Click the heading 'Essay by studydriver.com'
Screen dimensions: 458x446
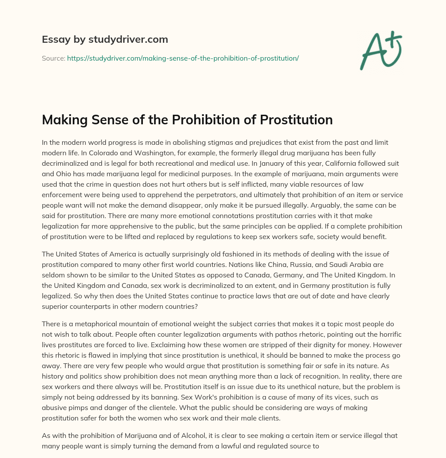(105, 39)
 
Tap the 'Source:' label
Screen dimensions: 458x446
(54, 58)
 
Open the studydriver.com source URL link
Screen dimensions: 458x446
(183, 58)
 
